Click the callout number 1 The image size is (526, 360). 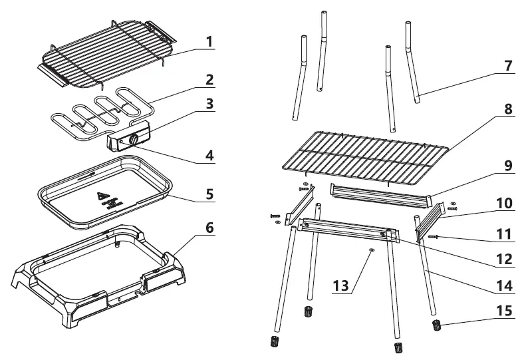209,42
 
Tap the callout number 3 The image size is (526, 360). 209,104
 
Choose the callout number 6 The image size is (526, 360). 209,227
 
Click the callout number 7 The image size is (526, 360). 509,66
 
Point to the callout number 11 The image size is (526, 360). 507,234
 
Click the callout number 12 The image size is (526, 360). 507,258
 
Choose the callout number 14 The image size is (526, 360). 507,287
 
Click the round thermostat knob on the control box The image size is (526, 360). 135,140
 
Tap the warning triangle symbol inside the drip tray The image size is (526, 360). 102,197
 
